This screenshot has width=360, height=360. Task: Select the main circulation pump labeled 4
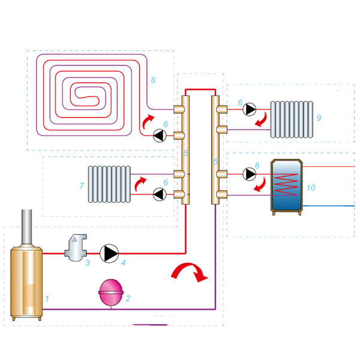[110, 254]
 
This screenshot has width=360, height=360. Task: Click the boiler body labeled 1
[27, 282]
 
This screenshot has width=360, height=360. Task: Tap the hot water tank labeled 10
[285, 185]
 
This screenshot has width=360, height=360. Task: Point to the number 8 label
[153, 79]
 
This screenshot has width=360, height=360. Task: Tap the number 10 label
[310, 188]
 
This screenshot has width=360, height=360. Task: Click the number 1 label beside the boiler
[47, 298]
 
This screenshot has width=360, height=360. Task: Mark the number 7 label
[82, 187]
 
